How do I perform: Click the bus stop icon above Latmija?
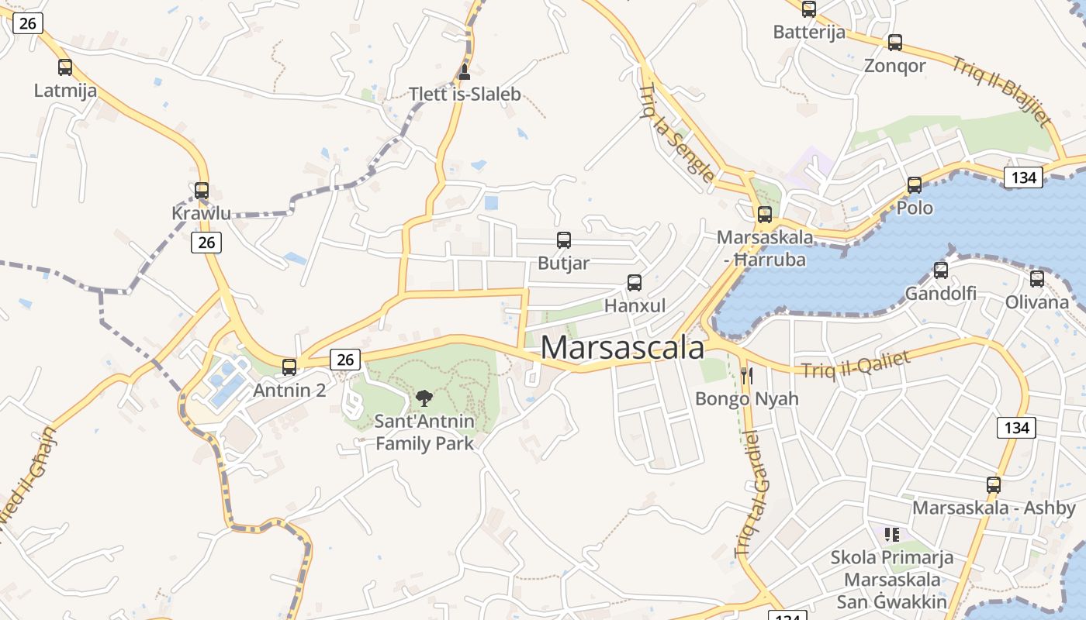[65, 67]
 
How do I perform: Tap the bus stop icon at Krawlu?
[202, 190]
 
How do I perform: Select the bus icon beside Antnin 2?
[289, 367]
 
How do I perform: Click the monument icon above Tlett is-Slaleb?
[465, 72]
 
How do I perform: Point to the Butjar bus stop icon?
[564, 240]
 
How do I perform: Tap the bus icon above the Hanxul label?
[635, 283]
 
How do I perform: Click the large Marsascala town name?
[622, 347]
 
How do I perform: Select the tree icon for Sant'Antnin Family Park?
[424, 398]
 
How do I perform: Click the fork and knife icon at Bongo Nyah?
[746, 376]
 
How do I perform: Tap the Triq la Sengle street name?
[676, 132]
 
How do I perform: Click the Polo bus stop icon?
[915, 185]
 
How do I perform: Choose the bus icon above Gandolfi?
[941, 270]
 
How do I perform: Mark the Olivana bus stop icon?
[1037, 279]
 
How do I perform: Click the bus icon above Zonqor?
[895, 43]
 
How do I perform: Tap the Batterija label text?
[809, 33]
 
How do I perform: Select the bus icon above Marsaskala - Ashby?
[994, 485]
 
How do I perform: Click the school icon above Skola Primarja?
[892, 534]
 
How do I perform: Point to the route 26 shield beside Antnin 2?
[345, 359]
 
